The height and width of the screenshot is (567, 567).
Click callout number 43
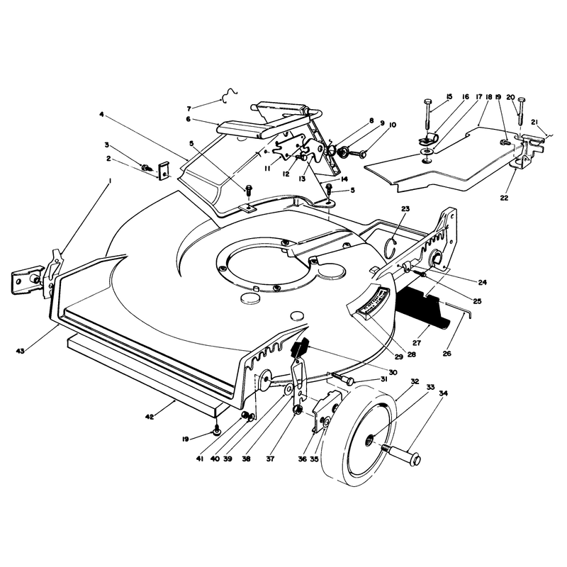[21, 350]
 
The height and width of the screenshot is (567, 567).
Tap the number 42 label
[150, 417]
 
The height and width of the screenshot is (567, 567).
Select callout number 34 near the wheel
[444, 393]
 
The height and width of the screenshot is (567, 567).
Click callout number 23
[405, 208]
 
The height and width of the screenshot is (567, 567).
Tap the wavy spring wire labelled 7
[229, 95]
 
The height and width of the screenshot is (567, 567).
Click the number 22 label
[504, 198]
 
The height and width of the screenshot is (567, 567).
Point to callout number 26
[447, 353]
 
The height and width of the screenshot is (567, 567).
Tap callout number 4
[101, 114]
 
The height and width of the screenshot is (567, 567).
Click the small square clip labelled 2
[164, 170]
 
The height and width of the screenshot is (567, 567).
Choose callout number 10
[393, 125]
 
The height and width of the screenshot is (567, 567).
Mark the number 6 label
[189, 119]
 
